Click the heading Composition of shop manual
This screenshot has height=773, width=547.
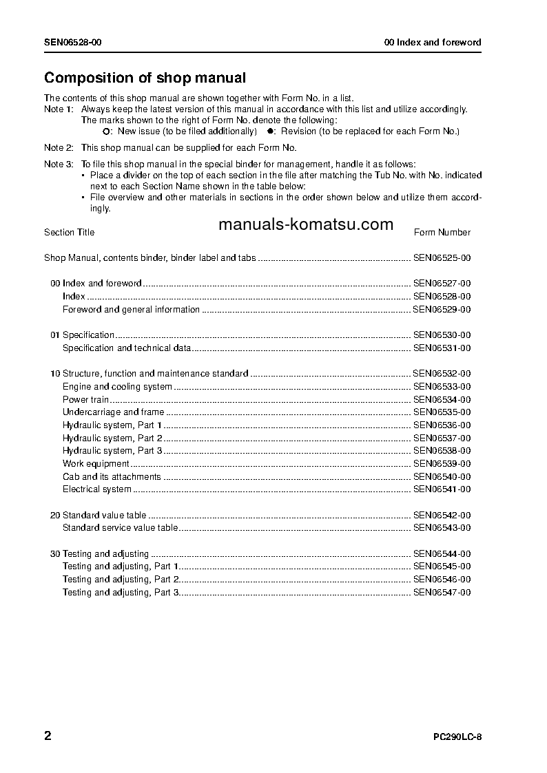[x=145, y=78]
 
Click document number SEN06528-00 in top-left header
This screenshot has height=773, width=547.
[x=74, y=43]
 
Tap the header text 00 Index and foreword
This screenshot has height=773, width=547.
[x=432, y=43]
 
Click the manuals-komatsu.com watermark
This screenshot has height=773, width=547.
[x=306, y=224]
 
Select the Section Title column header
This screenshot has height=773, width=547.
[x=70, y=233]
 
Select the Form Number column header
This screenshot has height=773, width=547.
[x=442, y=233]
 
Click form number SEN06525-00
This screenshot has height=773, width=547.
[x=442, y=258]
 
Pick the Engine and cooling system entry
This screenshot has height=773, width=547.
[x=117, y=387]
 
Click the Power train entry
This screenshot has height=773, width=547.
[x=86, y=400]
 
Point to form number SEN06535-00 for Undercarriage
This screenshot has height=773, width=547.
[x=442, y=412]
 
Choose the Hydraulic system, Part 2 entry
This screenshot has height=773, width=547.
[x=112, y=438]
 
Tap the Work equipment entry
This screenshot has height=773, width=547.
[x=96, y=464]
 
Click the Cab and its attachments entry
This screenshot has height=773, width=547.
[x=112, y=477]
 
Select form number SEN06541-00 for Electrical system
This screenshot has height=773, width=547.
[x=442, y=489]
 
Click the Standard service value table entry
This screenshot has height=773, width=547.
[x=120, y=528]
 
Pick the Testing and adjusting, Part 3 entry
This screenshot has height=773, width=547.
[x=121, y=593]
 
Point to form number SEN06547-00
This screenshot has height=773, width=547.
[x=442, y=593]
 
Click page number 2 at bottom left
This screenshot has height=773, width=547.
[x=48, y=736]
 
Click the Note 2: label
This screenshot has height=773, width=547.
[x=59, y=148]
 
